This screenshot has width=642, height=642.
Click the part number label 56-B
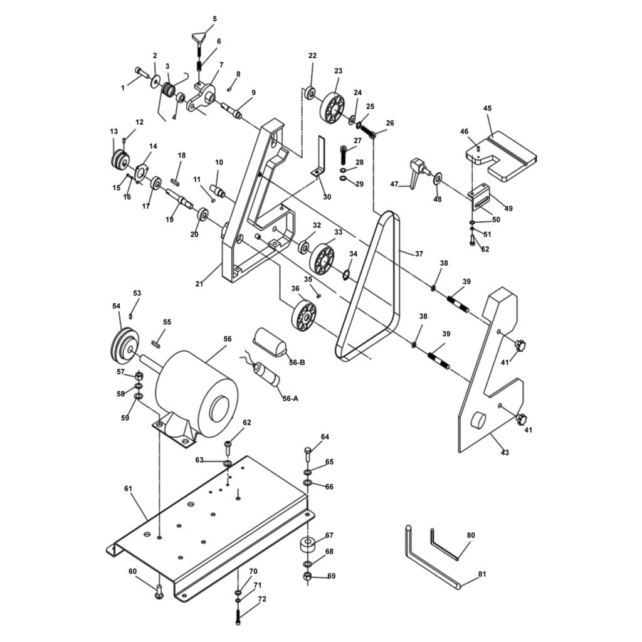click(x=297, y=362)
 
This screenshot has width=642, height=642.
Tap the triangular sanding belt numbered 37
click(x=367, y=286)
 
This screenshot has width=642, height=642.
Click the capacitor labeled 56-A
click(x=266, y=374)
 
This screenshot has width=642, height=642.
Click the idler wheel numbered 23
click(x=332, y=108)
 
